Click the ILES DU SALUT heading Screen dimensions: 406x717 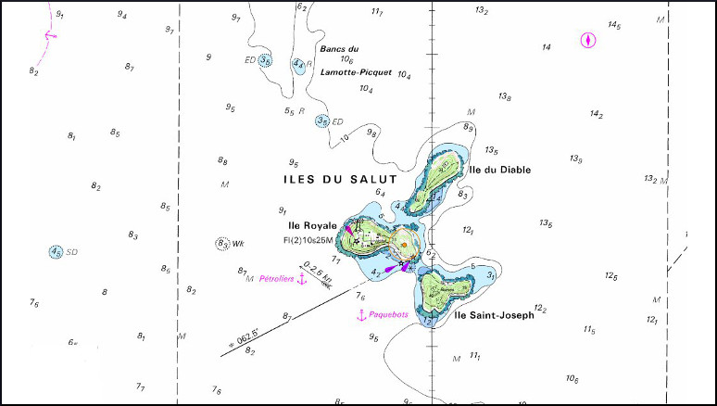pos(340,178)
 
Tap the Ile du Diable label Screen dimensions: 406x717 pos(500,170)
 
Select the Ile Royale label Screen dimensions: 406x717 pos(312,225)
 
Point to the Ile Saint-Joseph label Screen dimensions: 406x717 pos(494,316)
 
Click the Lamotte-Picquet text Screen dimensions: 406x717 pos(356,71)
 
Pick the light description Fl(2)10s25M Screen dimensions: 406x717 pos(309,240)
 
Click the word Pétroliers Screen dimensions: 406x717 pos(276,277)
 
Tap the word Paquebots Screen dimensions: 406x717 pos(389,315)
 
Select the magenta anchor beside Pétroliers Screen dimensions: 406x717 pos(301,278)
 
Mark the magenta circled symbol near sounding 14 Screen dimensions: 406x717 pos(586,40)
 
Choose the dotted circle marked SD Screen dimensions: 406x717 pos(57,251)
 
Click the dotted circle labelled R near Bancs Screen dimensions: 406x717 pos(297,65)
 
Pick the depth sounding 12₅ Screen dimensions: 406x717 pos(610,276)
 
